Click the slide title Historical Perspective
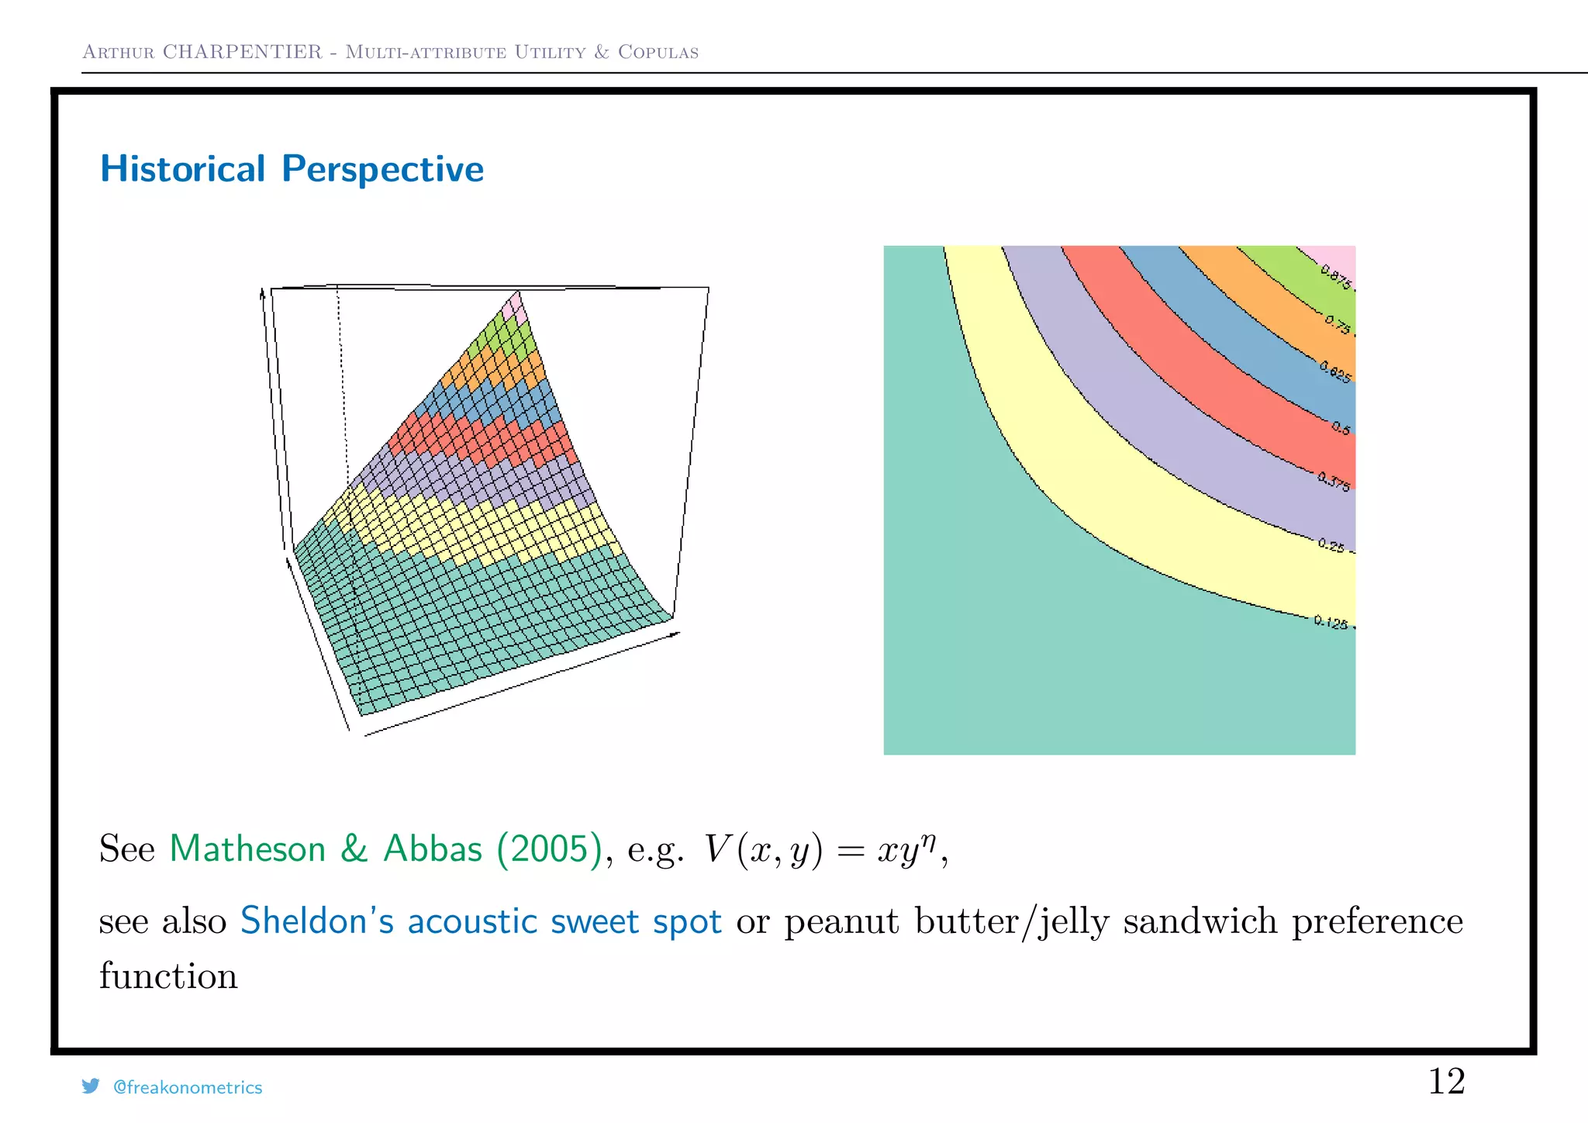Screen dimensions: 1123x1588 click(x=292, y=169)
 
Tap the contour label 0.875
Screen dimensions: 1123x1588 click(x=1336, y=277)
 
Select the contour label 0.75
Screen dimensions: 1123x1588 click(x=1337, y=324)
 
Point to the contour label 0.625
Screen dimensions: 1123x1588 click(x=1335, y=372)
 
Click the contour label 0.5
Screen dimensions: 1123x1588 click(x=1341, y=428)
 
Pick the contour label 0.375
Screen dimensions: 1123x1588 click(x=1334, y=482)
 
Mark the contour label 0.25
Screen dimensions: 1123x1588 click(x=1331, y=545)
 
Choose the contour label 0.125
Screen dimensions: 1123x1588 click(x=1331, y=622)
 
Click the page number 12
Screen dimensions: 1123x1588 click(x=1446, y=1081)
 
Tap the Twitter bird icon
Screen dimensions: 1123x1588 click(x=91, y=1086)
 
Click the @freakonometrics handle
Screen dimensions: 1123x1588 click(x=188, y=1087)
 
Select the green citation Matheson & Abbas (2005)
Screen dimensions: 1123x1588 click(x=385, y=848)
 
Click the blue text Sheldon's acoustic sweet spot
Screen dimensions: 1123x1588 click(x=481, y=921)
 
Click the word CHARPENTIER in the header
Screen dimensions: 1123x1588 click(x=242, y=52)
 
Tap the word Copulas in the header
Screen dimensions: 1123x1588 click(x=658, y=52)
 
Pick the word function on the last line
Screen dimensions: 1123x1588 click(x=168, y=976)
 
